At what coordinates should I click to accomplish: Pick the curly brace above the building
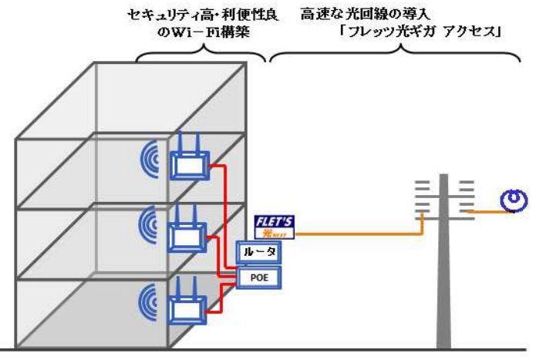click(x=201, y=54)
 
